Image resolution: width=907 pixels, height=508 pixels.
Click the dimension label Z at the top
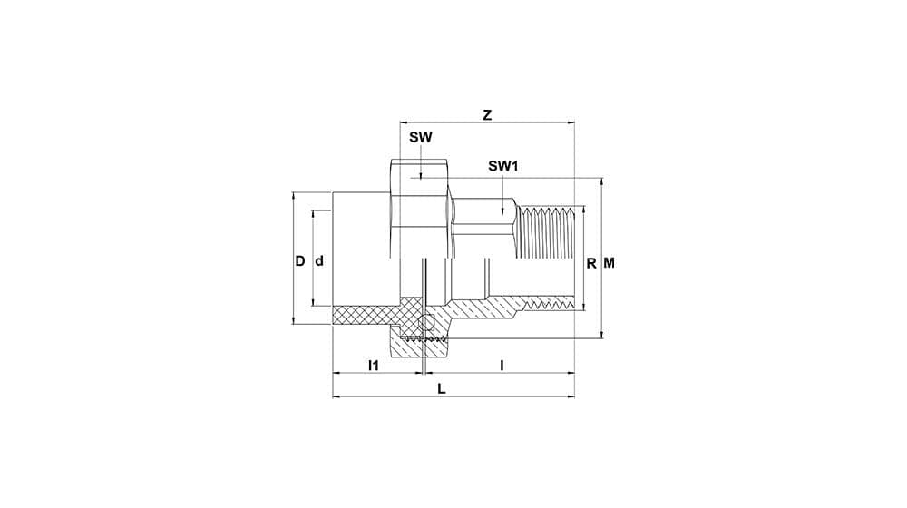click(x=487, y=115)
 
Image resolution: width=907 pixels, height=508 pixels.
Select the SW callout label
click(x=421, y=138)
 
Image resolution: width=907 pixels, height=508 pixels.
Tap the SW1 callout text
click(x=502, y=167)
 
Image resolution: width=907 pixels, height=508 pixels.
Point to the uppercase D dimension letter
click(x=299, y=261)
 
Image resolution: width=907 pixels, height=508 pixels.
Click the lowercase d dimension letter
click(x=318, y=261)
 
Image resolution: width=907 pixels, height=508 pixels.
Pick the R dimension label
click(x=591, y=264)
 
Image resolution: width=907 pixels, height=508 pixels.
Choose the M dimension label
click(x=610, y=264)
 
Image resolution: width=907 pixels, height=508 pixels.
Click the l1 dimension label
click(x=374, y=366)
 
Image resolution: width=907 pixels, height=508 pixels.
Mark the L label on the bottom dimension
click(x=442, y=388)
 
